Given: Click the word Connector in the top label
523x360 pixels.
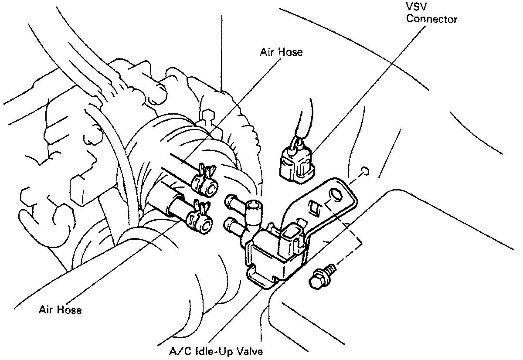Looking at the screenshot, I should click(x=432, y=20).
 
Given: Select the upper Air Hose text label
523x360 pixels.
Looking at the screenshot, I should click(x=281, y=52).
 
